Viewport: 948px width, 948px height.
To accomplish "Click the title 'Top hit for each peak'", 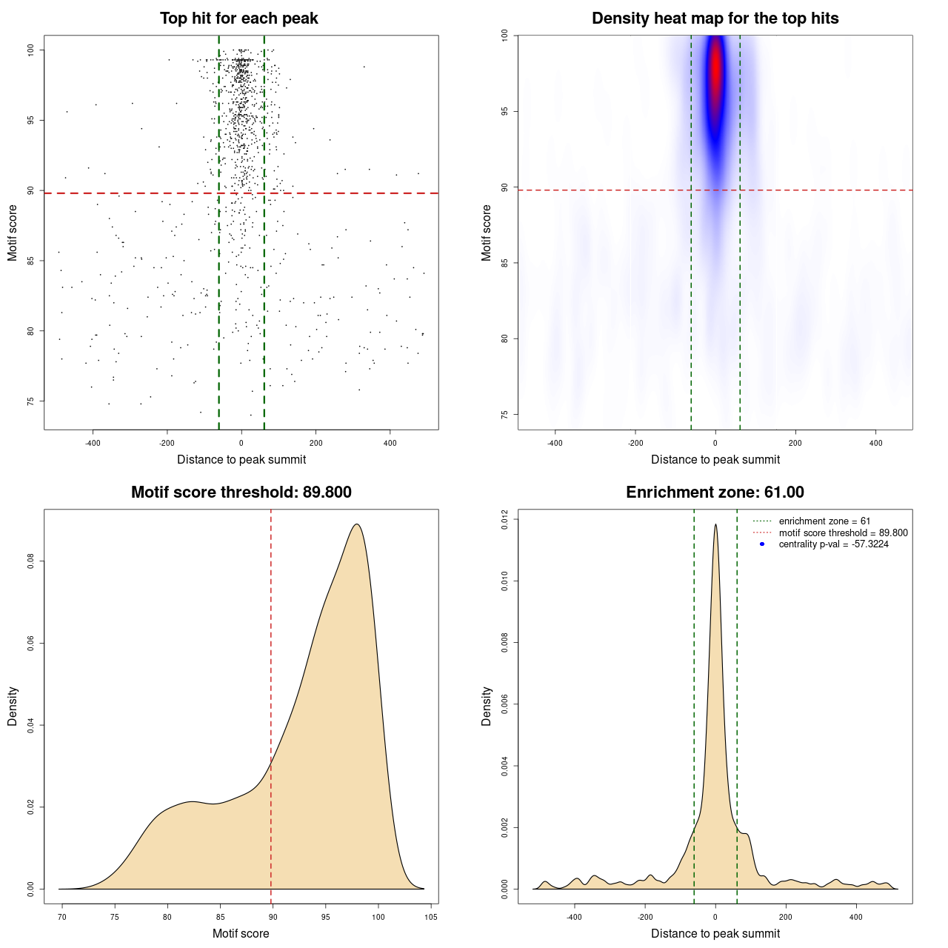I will point(238,19).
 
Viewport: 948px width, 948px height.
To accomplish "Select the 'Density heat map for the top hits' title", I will point(715,19).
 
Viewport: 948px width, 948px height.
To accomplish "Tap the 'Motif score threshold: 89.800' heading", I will point(241,493).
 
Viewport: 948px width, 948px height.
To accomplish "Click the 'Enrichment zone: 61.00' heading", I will point(715,493).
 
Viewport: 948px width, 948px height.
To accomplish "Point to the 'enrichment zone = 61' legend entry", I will point(824,521).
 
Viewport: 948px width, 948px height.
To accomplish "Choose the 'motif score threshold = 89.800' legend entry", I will point(843,533).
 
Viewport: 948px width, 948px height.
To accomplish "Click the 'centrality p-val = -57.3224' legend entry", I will point(833,544).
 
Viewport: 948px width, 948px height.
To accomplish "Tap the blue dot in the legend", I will point(762,544).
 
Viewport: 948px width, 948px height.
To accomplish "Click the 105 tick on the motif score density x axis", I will point(431,917).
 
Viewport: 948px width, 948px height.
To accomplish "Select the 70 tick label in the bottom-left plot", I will point(62,917).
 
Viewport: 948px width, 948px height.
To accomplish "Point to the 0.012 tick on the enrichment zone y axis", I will point(504,520).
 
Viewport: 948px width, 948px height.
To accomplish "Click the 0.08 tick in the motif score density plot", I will point(30,562).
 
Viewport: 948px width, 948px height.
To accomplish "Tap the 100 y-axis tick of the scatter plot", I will point(30,50).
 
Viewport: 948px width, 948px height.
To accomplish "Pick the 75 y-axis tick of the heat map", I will point(504,414).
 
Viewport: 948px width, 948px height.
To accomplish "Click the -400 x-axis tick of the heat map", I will point(555,443).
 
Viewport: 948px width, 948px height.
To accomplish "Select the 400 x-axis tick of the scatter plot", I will point(390,443).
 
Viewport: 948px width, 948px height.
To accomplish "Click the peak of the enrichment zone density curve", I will point(715,525).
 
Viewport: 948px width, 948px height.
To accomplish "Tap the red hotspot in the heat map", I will point(715,74).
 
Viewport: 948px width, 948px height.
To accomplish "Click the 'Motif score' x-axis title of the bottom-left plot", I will point(241,933).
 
